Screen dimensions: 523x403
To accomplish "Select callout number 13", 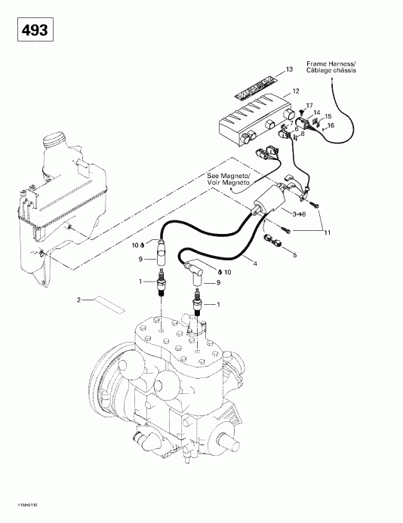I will (288, 69).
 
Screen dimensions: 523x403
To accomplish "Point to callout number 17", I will (309, 105).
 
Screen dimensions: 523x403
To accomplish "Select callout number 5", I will (294, 255).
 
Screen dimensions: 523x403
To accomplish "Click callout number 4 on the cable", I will (254, 263).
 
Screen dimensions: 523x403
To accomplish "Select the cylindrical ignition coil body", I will (269, 200).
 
